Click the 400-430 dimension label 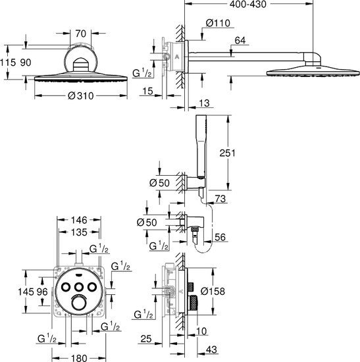point(247,4)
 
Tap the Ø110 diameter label point(218,23)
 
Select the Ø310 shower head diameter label point(81,95)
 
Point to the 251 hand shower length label point(227,153)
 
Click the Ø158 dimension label point(213,291)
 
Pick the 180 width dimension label point(79,358)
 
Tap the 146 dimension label point(79,220)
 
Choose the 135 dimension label point(79,232)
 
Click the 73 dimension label point(220,199)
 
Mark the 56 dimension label point(220,237)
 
